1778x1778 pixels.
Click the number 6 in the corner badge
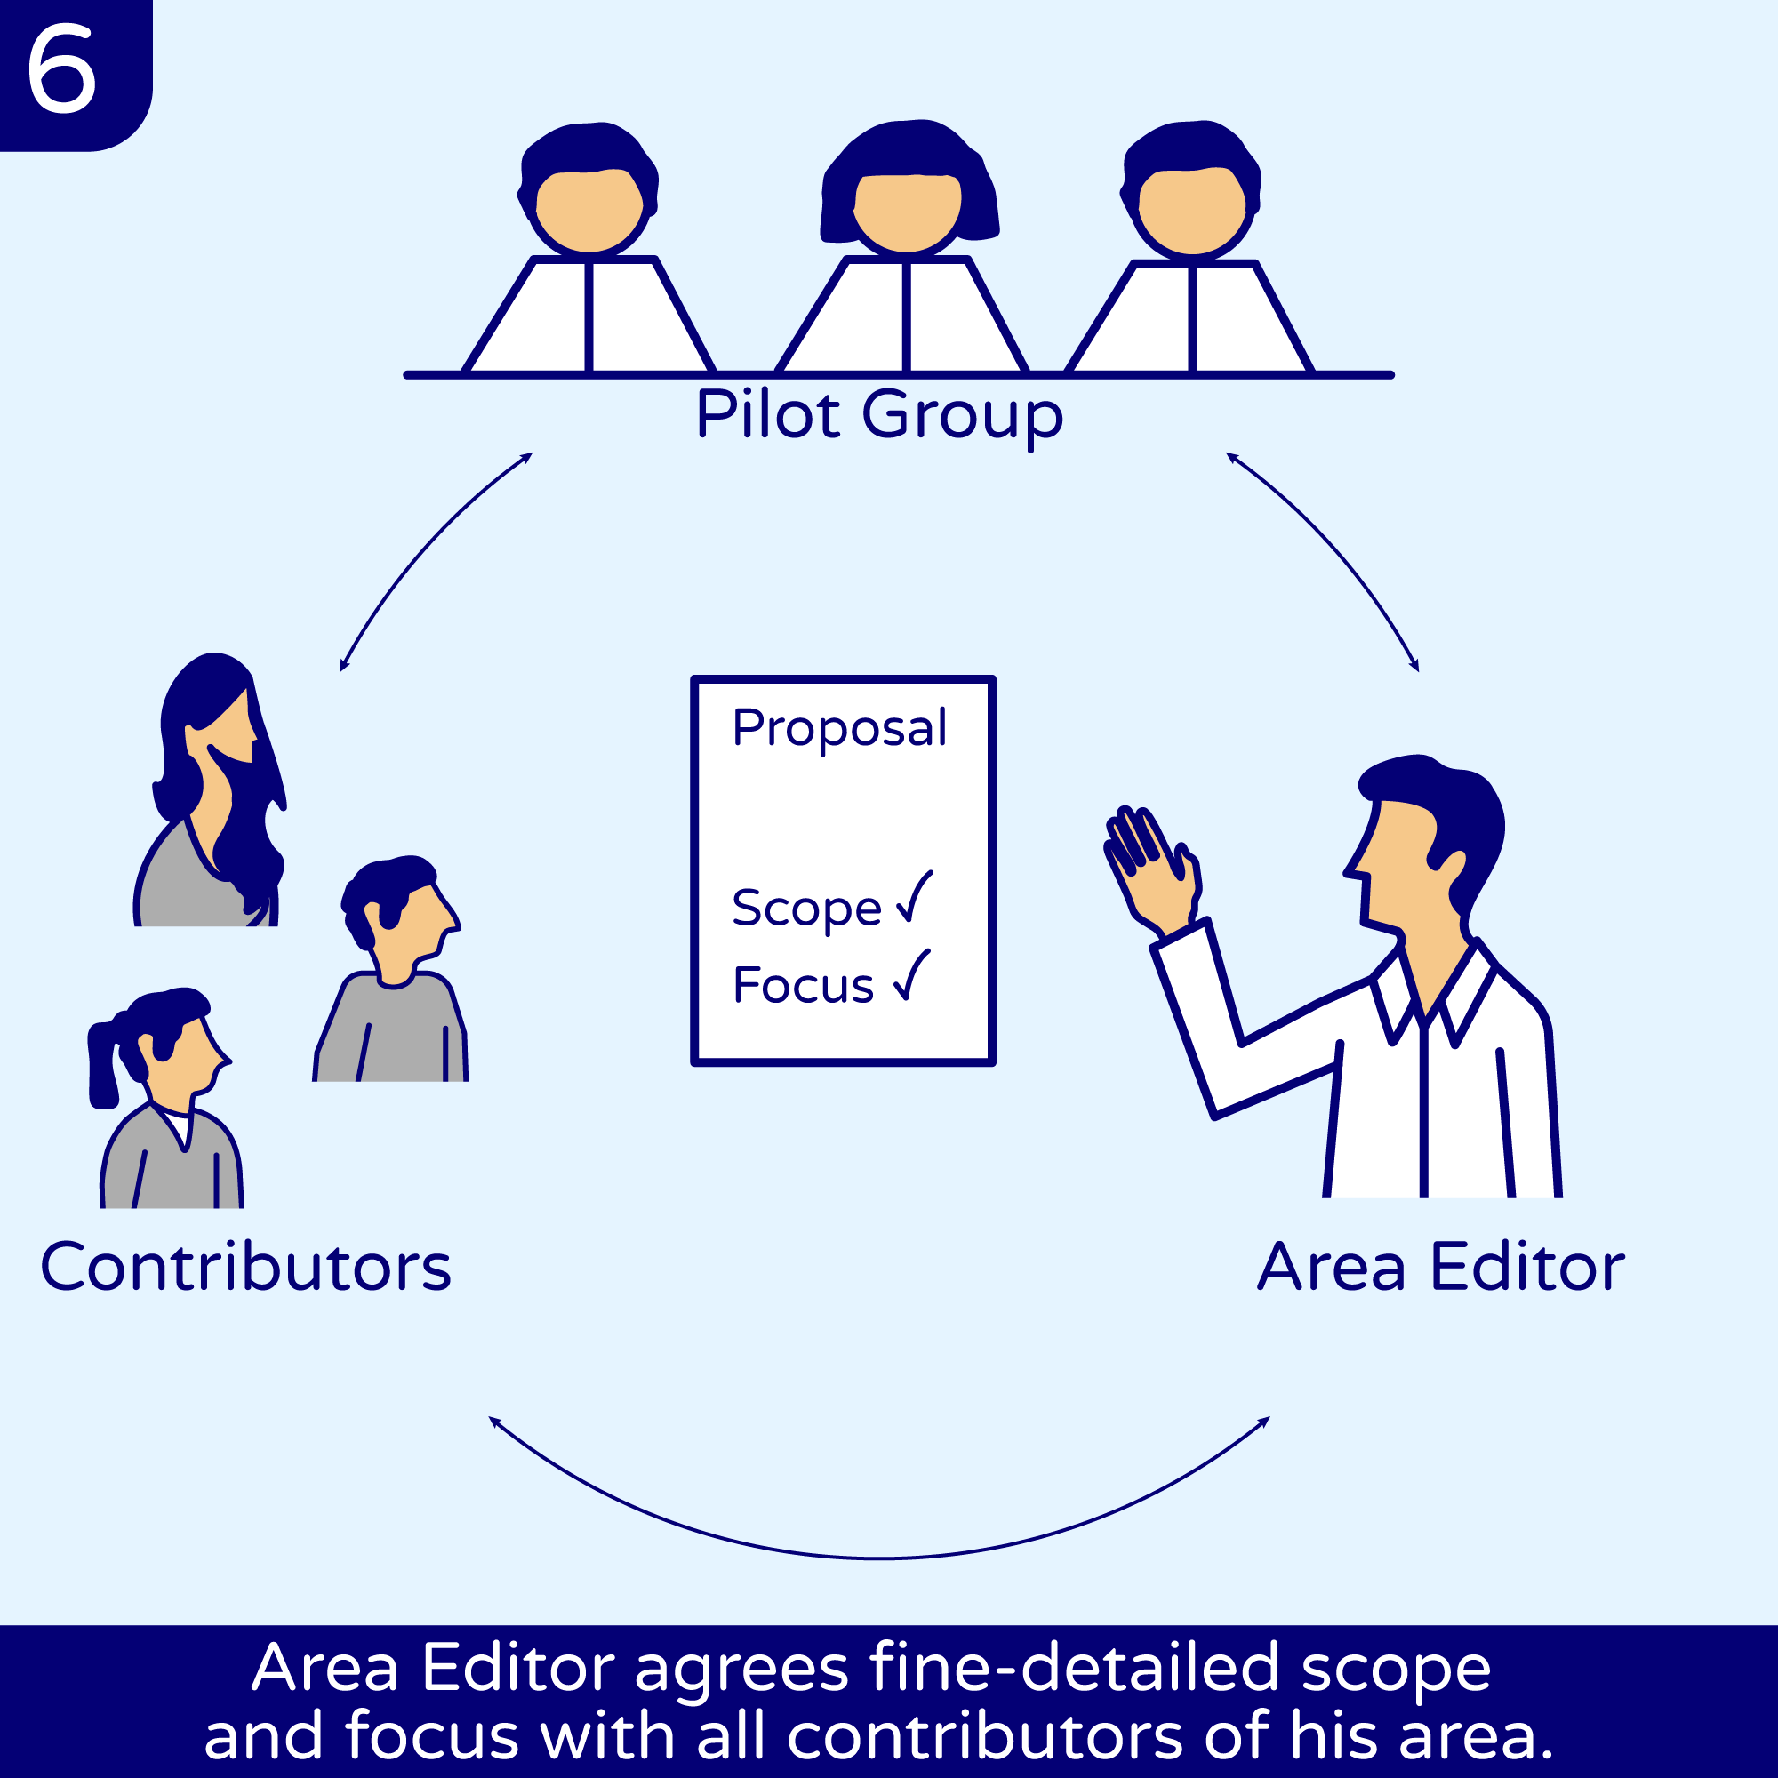[x=61, y=68]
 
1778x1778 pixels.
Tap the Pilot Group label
[x=879, y=416]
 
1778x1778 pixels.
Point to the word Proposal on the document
[x=839, y=729]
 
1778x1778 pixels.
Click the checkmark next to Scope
[x=915, y=896]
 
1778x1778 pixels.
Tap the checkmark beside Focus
[x=913, y=974]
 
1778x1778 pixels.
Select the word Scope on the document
[x=806, y=909]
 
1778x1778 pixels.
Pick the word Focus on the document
[x=803, y=986]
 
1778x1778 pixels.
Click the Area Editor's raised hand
[x=1150, y=868]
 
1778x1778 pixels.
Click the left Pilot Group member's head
[x=589, y=188]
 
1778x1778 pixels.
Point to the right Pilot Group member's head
[x=1192, y=188]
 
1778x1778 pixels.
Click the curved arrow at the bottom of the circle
[x=879, y=1558]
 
